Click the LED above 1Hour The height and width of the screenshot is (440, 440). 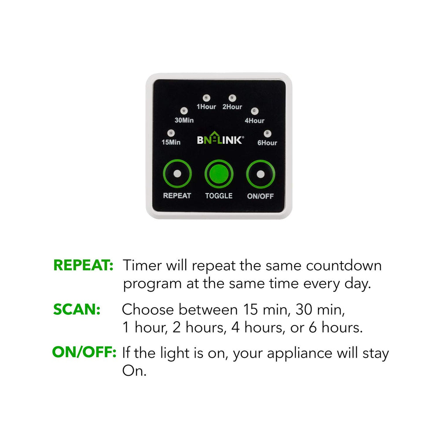coord(206,97)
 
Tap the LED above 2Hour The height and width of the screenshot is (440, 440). coord(232,97)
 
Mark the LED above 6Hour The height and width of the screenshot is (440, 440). coord(267,133)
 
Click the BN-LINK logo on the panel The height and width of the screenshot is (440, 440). coord(220,140)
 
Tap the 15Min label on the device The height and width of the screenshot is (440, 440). coord(171,143)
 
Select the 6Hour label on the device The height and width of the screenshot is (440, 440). coord(268,143)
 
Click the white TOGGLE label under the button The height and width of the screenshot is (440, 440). coord(219,196)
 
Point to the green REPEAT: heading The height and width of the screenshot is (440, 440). coord(84,265)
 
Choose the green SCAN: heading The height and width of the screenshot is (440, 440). coord(77,309)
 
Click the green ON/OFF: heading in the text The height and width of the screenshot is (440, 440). coord(84,353)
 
